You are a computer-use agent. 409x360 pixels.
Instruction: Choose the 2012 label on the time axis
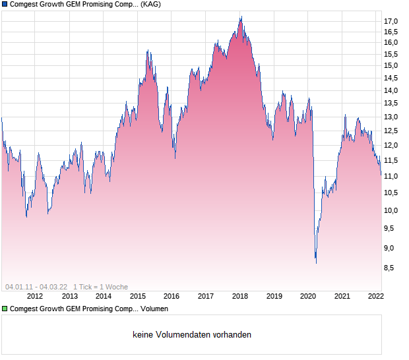point(35,296)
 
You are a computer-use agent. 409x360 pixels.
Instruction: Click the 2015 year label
point(137,296)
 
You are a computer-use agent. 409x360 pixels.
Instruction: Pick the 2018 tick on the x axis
point(239,296)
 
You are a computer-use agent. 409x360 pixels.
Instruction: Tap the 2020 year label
point(308,296)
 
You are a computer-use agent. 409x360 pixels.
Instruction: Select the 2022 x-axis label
point(376,296)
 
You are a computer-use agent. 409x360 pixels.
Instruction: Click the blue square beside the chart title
point(5,5)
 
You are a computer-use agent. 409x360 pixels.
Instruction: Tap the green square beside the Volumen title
point(5,309)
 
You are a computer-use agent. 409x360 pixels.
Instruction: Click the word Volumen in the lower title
point(154,309)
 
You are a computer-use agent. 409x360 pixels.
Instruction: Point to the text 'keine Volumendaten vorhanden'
point(192,335)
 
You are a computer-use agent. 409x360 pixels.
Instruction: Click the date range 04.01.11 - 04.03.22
point(36,287)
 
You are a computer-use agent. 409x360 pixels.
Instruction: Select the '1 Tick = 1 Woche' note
point(100,287)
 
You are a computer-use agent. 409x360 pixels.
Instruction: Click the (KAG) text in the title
point(151,5)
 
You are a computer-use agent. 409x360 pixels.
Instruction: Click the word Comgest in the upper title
point(26,5)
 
